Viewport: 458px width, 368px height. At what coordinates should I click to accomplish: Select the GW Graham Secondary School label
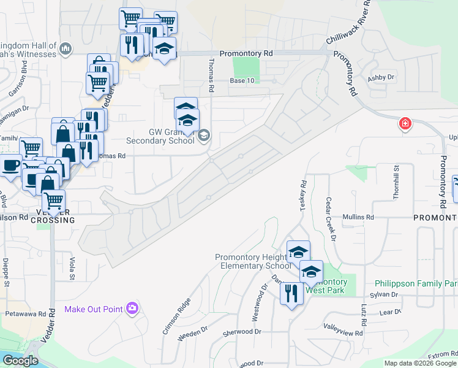coord(163,136)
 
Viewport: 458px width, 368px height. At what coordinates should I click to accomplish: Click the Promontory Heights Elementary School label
coord(253,261)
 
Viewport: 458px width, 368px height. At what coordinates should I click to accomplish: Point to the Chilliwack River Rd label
coord(349,23)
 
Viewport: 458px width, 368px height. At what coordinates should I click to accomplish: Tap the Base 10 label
coord(242,81)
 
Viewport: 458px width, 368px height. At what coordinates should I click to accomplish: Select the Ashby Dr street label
coord(381,78)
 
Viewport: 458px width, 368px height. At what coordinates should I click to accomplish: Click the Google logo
coord(20,361)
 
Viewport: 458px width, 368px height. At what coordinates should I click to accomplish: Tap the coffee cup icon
coord(10,166)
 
